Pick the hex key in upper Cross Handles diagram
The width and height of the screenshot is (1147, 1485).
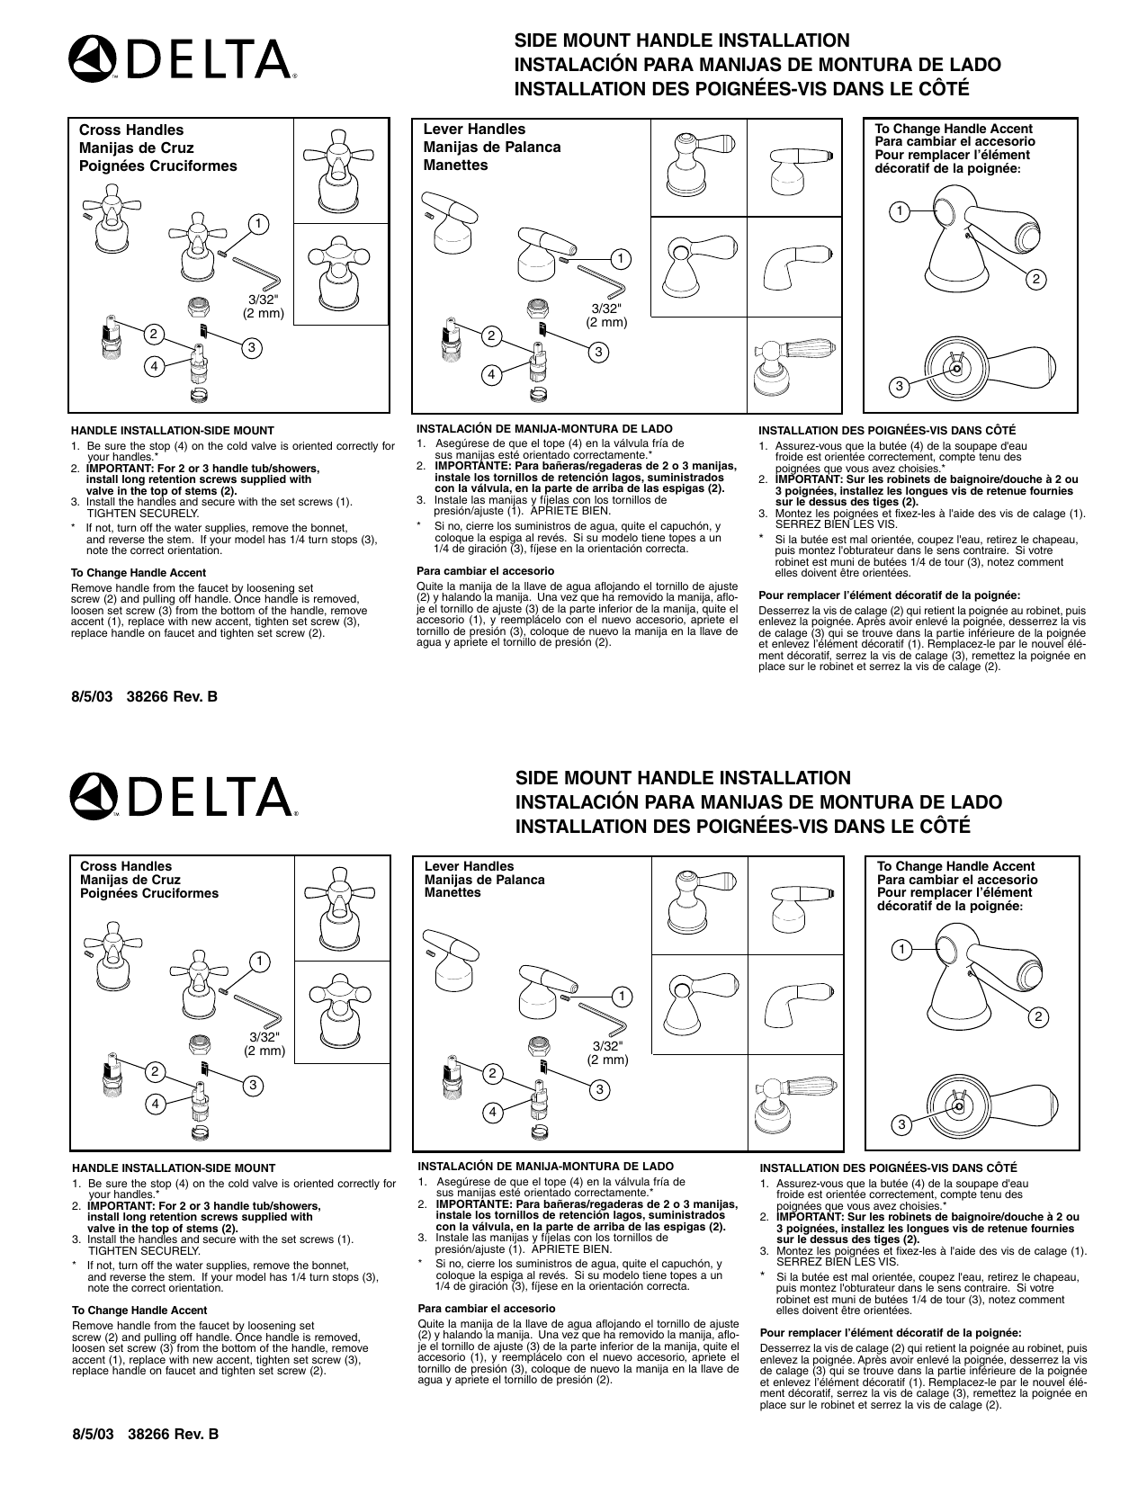click(x=258, y=271)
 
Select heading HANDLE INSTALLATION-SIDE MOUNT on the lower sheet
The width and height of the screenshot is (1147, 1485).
click(x=173, y=1167)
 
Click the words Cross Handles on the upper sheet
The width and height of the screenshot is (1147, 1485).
click(x=131, y=130)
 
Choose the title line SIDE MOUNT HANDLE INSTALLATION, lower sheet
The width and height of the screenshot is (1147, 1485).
click(x=681, y=777)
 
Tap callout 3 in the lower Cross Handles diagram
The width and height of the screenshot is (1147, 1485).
click(x=254, y=1085)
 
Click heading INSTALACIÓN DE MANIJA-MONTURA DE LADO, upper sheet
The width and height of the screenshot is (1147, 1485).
click(x=544, y=428)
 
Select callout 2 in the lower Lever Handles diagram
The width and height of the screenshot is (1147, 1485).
click(x=492, y=1073)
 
